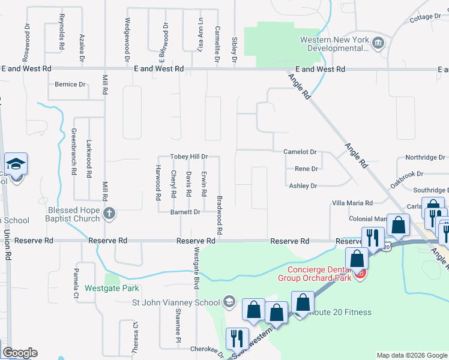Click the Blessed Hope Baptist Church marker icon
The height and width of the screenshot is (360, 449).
[109, 213]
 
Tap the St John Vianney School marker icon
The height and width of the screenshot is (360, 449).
[228, 301]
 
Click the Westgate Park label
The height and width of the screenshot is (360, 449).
[112, 288]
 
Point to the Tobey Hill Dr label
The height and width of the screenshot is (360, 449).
[189, 156]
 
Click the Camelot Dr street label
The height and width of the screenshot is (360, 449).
[300, 152]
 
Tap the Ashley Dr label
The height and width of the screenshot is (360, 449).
[303, 186]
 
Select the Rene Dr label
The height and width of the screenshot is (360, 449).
[306, 169]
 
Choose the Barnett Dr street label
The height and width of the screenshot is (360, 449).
[185, 212]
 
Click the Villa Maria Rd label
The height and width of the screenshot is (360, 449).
[352, 203]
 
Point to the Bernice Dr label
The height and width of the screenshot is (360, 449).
[70, 85]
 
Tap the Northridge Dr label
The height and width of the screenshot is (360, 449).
[425, 157]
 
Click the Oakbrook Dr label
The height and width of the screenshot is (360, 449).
[406, 178]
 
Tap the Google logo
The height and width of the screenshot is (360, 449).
[20, 353]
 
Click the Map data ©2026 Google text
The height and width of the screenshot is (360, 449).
[411, 355]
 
